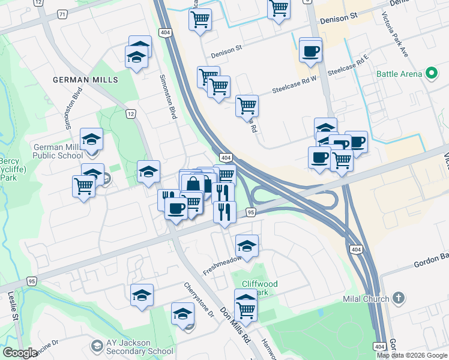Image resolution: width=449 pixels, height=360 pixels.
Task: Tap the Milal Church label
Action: [367, 299]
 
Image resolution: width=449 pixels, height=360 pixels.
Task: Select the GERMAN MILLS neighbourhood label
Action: [85, 80]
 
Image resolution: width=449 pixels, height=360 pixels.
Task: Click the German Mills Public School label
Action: [58, 151]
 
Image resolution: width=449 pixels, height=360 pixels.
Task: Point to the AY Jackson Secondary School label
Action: [128, 347]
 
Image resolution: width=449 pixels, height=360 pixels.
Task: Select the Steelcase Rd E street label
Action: [346, 66]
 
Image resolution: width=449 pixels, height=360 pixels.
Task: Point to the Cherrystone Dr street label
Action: [199, 299]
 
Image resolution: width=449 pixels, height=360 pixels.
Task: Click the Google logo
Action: [20, 353]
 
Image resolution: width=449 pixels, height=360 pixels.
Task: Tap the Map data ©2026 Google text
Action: [412, 355]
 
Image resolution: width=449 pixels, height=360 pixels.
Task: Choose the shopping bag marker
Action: [193, 184]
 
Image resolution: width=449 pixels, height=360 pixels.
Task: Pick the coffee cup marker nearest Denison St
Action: [310, 51]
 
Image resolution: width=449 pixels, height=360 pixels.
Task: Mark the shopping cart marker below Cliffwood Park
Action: [246, 310]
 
